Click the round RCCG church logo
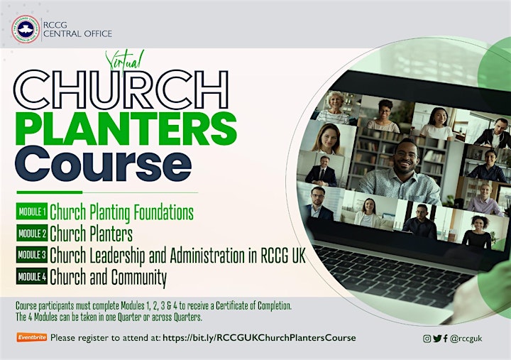click(x=26, y=29)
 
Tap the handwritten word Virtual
click(x=124, y=62)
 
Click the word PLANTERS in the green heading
click(x=126, y=129)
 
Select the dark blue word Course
click(x=103, y=164)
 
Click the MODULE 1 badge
click(x=32, y=212)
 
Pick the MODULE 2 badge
click(x=32, y=233)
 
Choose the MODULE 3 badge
click(x=32, y=255)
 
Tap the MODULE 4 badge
click(x=32, y=276)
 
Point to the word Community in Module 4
click(x=139, y=277)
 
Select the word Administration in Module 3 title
click(x=207, y=256)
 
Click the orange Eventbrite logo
click(x=32, y=337)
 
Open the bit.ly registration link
click(x=259, y=338)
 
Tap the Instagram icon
click(x=427, y=339)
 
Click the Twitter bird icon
click(x=437, y=339)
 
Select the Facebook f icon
click(x=446, y=339)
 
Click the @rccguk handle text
click(x=466, y=339)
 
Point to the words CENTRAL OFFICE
click(x=77, y=33)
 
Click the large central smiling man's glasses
click(x=406, y=154)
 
